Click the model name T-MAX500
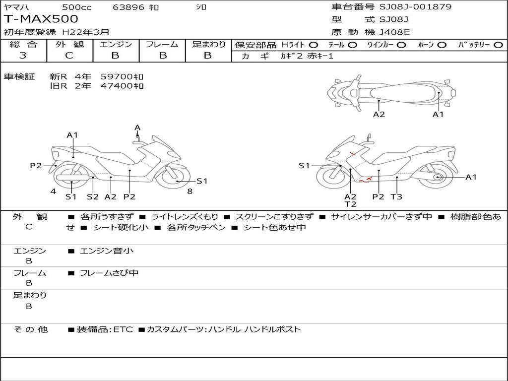tap(41, 19)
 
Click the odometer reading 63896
tap(128, 7)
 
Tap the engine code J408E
tap(394, 33)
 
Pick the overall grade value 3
tap(23, 56)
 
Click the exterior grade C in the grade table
tap(69, 56)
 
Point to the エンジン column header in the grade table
tap(116, 44)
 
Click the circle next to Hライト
tap(314, 45)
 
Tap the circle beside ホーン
tap(442, 45)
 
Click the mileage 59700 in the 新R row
tap(122, 76)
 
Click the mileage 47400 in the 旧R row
tap(122, 86)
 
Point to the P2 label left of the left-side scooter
tap(36, 166)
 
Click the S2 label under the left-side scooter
tap(93, 196)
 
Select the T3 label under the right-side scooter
tap(396, 196)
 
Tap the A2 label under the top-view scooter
tap(379, 114)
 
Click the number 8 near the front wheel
tap(190, 191)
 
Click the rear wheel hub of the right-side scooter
tap(437, 177)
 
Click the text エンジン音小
tap(107, 251)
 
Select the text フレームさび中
tap(109, 273)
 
